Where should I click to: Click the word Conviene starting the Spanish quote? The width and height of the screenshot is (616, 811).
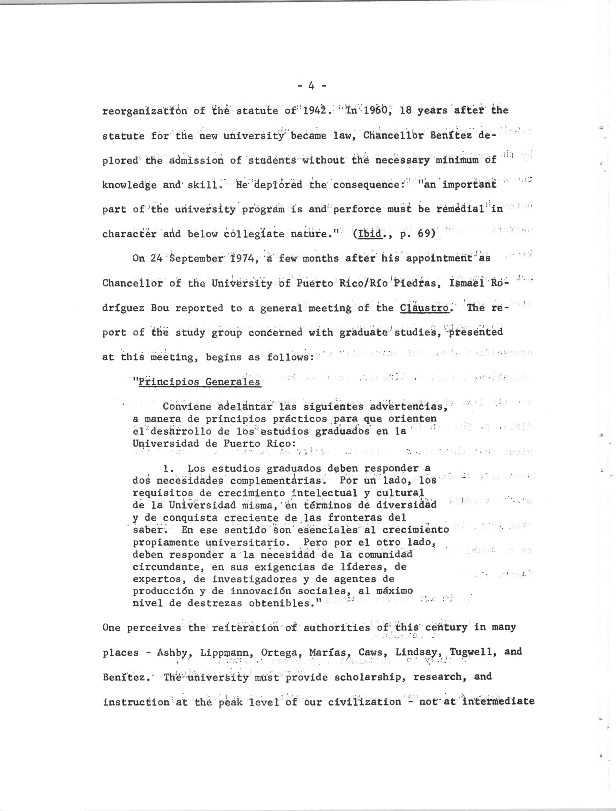[187, 407]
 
